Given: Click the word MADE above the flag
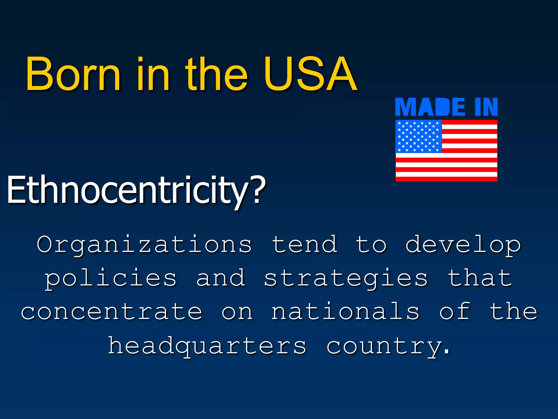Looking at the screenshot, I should pyautogui.click(x=430, y=107).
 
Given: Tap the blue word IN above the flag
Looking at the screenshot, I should pyautogui.click(x=486, y=107).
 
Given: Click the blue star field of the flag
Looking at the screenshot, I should pyautogui.click(x=418, y=136).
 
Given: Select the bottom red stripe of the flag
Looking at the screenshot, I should pyautogui.click(x=446, y=179).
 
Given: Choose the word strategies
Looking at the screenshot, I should pyautogui.click(x=345, y=278).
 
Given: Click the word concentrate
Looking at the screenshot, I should pyautogui.click(x=111, y=312).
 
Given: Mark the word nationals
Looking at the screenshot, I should pyautogui.click(x=345, y=312).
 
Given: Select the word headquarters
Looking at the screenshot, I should pyautogui.click(x=207, y=346).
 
